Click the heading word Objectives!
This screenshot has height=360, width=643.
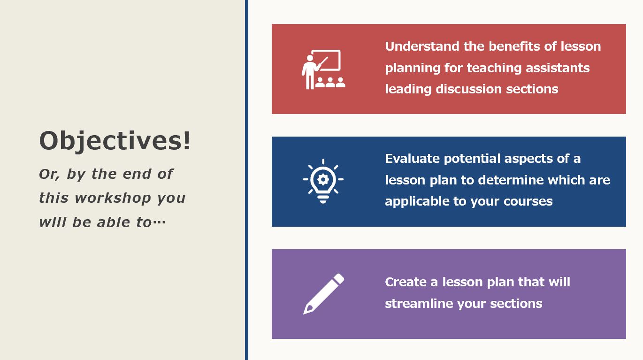pyautogui.click(x=115, y=141)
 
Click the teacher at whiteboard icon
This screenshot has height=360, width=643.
pyautogui.click(x=323, y=69)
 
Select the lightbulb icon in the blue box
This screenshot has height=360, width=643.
pyautogui.click(x=323, y=181)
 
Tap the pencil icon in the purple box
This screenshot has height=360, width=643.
pyautogui.click(x=323, y=294)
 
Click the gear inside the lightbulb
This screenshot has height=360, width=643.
pyautogui.click(x=323, y=179)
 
